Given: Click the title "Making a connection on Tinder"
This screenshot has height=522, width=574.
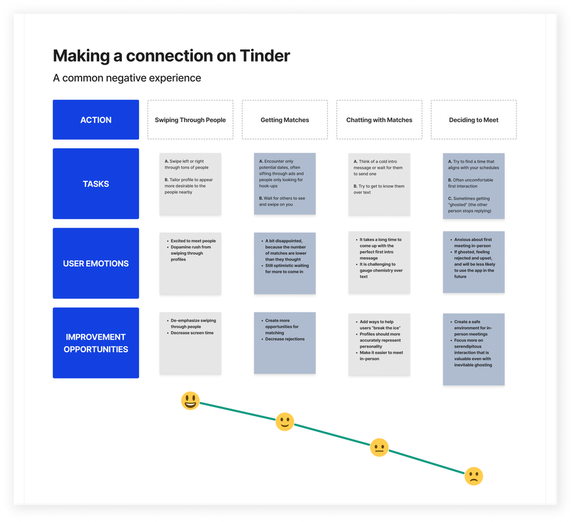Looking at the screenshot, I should coord(171,55).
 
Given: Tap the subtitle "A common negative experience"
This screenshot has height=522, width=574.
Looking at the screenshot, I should coord(127,78).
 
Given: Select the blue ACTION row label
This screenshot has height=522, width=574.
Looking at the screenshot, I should coord(96,120).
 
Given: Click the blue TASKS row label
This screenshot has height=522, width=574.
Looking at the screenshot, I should coord(96,184).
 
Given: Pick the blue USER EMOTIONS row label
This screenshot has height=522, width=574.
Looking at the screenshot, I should coord(96,264).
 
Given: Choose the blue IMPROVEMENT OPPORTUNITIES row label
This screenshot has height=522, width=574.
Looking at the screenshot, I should coord(96,343).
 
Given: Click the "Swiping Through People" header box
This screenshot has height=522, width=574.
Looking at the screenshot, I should coord(190,120).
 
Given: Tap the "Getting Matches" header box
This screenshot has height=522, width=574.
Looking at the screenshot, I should coord(284,120).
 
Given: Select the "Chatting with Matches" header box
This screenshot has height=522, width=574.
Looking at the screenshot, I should coord(379,120).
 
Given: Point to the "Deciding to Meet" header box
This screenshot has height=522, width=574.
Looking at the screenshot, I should coord(474,120).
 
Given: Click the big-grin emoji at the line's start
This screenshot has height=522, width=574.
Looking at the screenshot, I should coord(190,401).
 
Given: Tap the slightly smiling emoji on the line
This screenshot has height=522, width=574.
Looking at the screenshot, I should coord(284,422).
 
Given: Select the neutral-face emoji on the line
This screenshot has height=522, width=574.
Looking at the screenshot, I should coord(379,448).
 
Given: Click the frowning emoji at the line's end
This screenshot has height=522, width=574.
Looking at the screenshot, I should coord(474,476).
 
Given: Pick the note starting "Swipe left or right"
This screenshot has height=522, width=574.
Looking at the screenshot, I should coord(190,184).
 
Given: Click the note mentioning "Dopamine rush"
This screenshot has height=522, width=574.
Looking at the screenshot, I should coord(190,262).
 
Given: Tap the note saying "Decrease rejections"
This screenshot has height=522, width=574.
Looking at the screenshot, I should coord(284,343).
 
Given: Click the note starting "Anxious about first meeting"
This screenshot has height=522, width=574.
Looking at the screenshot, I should coord(474,262).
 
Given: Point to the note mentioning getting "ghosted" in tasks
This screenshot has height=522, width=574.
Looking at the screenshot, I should coord(474,185).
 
